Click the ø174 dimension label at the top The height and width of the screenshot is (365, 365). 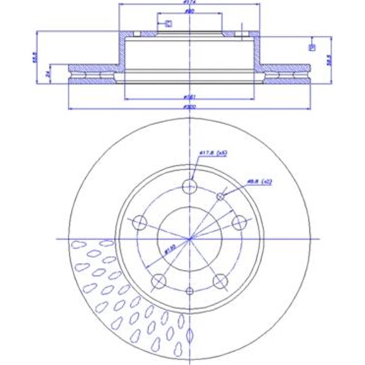pos(187,2)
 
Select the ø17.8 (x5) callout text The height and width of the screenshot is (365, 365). pos(213,153)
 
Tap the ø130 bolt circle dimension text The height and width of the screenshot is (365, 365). pos(168,250)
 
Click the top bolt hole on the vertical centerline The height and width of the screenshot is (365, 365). pos(190,186)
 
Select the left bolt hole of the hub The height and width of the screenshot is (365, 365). pos(140,223)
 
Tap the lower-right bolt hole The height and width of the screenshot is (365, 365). pos(220,281)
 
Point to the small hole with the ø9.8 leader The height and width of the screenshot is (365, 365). pos(220,196)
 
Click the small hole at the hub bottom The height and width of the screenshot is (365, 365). pos(190,291)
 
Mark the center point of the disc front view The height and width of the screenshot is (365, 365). pos(190,239)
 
